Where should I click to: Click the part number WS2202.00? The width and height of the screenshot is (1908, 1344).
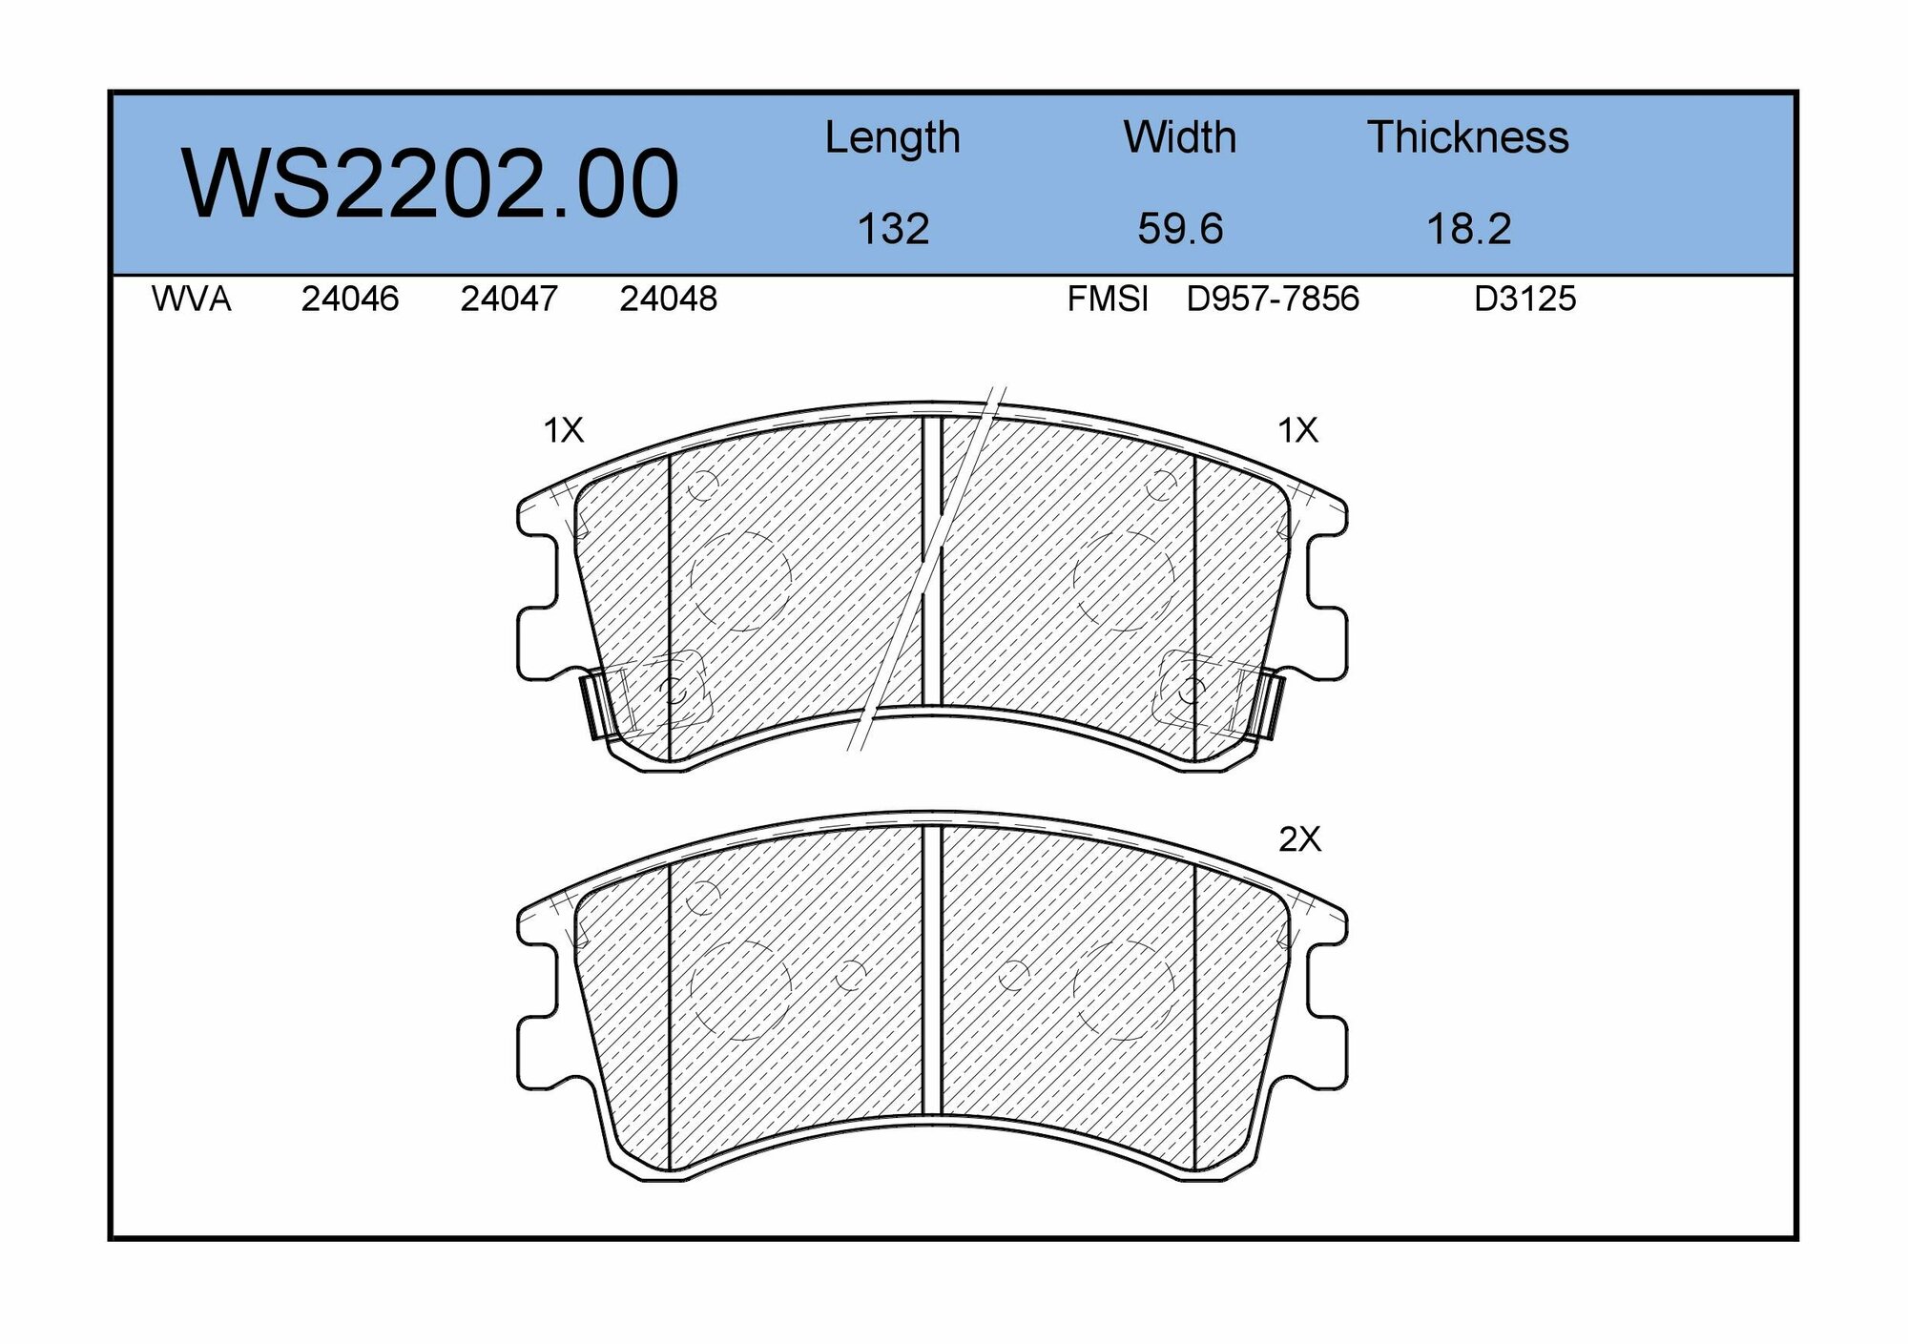point(430,183)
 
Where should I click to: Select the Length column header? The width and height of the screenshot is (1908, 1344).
point(892,138)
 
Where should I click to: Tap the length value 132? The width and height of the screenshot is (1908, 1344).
point(893,229)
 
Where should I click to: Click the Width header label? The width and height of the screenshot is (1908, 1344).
point(1180,137)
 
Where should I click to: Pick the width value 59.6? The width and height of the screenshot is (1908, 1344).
point(1180,229)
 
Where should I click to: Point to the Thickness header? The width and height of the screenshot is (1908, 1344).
point(1468,137)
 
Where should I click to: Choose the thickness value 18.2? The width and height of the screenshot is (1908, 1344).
point(1468,229)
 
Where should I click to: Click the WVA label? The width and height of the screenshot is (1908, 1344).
point(191,300)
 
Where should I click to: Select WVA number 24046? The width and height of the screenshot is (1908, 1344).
point(350,300)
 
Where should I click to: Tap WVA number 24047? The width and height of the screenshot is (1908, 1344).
point(509,300)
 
